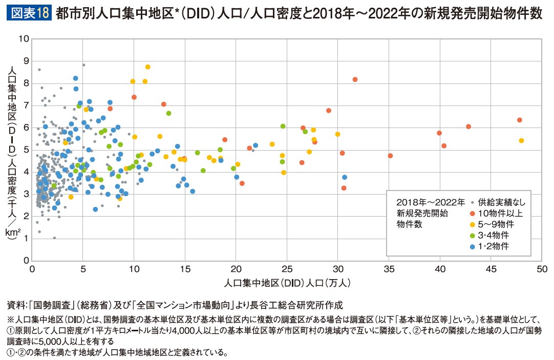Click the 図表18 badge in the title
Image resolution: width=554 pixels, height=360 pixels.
point(28,13)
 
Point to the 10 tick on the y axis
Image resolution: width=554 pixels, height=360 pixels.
point(25,39)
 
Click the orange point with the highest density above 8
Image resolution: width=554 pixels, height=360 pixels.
point(355,79)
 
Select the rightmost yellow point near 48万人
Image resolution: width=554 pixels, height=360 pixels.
point(521,140)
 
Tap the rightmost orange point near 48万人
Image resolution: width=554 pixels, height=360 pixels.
point(520,120)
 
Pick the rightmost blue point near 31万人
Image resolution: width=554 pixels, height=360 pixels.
point(345,177)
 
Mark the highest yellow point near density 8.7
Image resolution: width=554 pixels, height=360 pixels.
point(147,67)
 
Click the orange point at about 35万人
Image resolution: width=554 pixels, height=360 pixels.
point(390,156)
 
